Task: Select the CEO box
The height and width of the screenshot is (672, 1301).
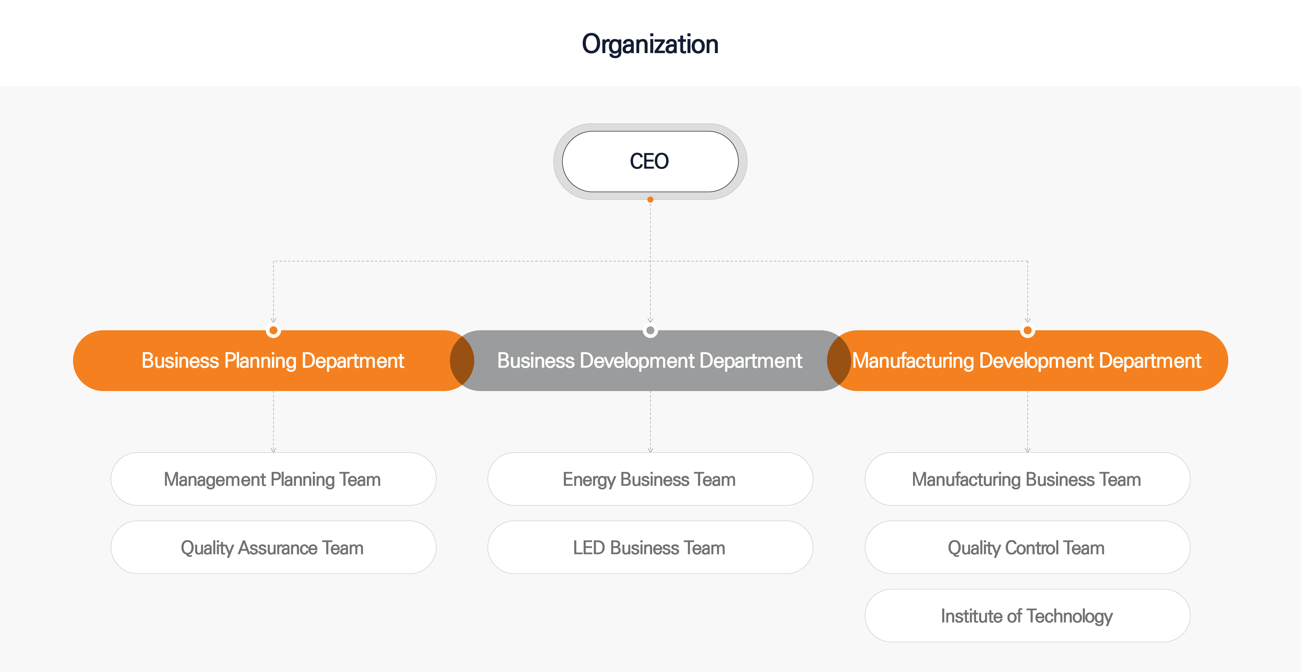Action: click(650, 161)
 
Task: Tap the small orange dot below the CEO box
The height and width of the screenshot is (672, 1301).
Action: click(650, 200)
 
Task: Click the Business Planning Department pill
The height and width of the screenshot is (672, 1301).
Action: click(273, 360)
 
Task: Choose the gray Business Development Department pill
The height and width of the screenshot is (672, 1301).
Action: click(650, 360)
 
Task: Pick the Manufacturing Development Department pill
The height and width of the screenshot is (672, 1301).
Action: click(1027, 360)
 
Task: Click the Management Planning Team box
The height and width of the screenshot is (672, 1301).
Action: click(273, 479)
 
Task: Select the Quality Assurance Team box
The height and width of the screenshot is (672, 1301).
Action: click(273, 547)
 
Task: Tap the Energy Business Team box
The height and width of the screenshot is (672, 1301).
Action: click(650, 479)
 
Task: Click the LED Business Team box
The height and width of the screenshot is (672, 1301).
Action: click(650, 547)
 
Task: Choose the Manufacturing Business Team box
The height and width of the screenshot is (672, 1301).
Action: click(1027, 479)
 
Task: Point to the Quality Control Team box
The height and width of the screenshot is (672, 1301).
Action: click(1027, 547)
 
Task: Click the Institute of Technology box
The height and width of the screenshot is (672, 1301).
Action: click(1027, 616)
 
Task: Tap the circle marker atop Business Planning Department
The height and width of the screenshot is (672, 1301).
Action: click(273, 331)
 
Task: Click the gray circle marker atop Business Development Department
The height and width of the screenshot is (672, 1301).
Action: click(650, 331)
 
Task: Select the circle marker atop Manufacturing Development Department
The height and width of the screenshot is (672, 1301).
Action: click(1027, 331)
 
